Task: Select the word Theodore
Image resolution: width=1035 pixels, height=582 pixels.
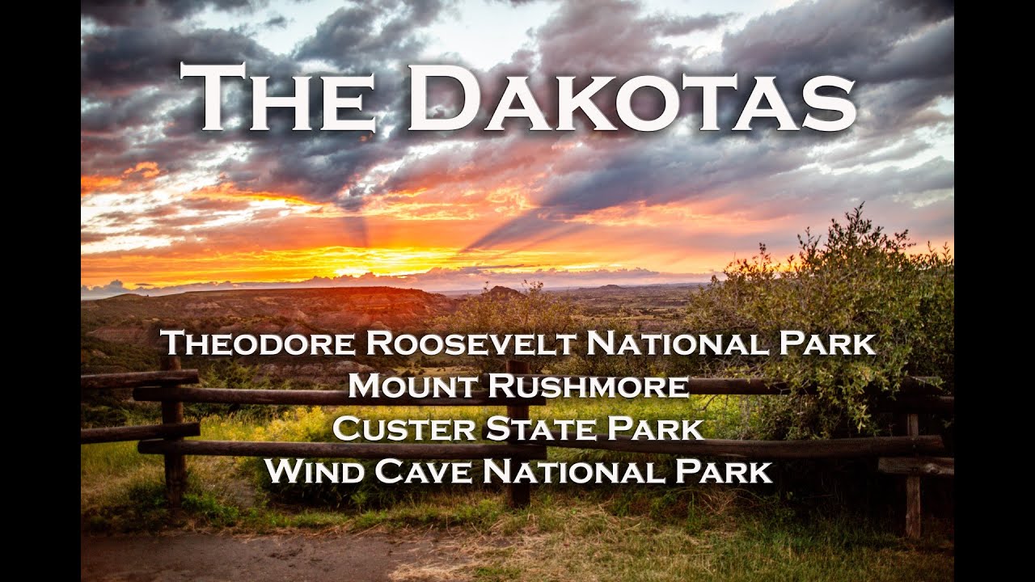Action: (x=259, y=343)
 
